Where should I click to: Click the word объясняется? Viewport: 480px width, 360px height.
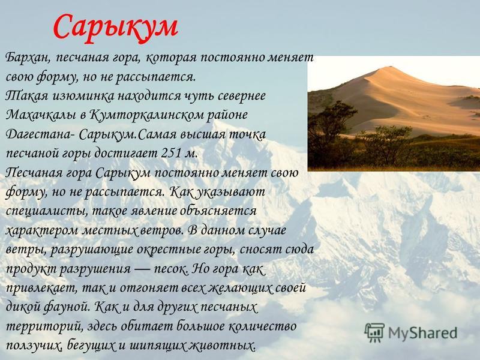(218, 212)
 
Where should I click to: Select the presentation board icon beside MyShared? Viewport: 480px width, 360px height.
(374, 332)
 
